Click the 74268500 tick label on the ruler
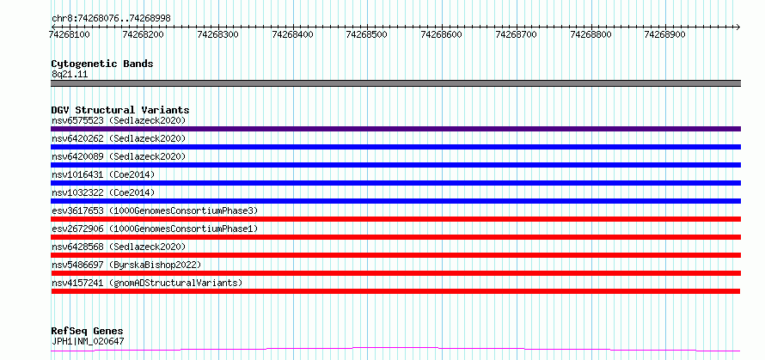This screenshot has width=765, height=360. point(366,34)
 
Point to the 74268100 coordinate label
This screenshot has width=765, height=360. point(69,34)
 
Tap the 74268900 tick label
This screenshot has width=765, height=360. point(665,34)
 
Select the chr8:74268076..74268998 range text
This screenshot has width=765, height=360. point(111,19)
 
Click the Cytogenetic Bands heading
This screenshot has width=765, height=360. point(102,64)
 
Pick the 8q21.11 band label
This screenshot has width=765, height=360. point(70,75)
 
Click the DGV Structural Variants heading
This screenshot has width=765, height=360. point(120,110)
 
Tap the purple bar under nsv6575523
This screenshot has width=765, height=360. point(395,129)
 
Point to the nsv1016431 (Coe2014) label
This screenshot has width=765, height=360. point(103,174)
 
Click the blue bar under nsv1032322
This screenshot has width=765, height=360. point(395,201)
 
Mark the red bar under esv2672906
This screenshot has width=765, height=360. point(395,237)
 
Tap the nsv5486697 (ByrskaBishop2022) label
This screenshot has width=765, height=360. point(126,265)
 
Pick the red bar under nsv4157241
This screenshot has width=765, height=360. point(395,291)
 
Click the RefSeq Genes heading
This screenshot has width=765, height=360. point(88,332)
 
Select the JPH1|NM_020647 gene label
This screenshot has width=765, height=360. point(88,341)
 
